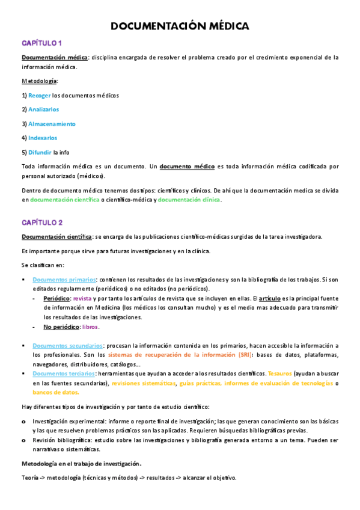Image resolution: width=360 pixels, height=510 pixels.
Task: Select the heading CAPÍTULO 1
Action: (x=42, y=43)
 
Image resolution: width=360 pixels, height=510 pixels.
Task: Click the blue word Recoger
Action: (x=40, y=96)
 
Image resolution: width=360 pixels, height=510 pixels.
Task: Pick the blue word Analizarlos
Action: (x=43, y=109)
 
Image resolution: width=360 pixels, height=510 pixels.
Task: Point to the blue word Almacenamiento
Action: (x=52, y=124)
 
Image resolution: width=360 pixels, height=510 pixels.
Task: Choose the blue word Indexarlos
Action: (x=43, y=138)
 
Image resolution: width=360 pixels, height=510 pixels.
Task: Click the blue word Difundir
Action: (x=40, y=152)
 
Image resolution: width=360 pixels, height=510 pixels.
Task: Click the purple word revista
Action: (x=82, y=298)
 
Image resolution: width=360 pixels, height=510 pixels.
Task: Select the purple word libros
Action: (x=90, y=327)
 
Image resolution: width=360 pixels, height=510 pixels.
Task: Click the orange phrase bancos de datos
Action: (x=56, y=393)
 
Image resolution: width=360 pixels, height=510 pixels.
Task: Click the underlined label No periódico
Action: (x=61, y=327)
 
